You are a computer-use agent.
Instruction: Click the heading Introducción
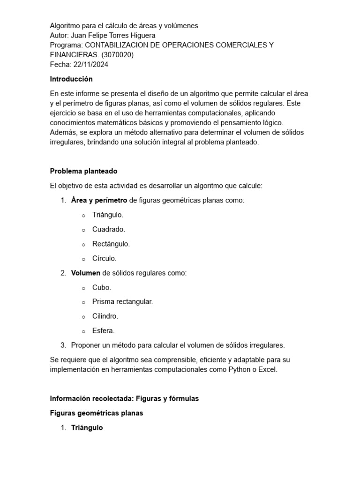click(71, 79)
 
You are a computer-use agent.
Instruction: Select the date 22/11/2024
click(91, 64)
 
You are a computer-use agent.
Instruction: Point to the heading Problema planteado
click(84, 171)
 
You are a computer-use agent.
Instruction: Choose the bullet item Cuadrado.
click(109, 229)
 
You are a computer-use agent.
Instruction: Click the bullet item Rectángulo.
click(111, 244)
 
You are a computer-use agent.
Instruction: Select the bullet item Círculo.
click(105, 258)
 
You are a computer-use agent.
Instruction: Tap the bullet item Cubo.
click(102, 287)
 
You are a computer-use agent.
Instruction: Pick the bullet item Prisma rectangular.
click(123, 301)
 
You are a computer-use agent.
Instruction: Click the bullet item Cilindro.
click(105, 316)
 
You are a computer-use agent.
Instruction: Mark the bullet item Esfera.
click(104, 330)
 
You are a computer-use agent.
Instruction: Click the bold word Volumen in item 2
click(85, 273)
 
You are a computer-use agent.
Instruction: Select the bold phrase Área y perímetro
click(99, 200)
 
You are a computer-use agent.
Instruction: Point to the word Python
click(239, 369)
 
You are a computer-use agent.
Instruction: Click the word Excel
click(268, 369)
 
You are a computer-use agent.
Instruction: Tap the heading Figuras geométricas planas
click(97, 413)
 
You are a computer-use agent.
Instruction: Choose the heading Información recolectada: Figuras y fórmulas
click(124, 398)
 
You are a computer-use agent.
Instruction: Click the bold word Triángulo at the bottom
click(87, 427)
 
